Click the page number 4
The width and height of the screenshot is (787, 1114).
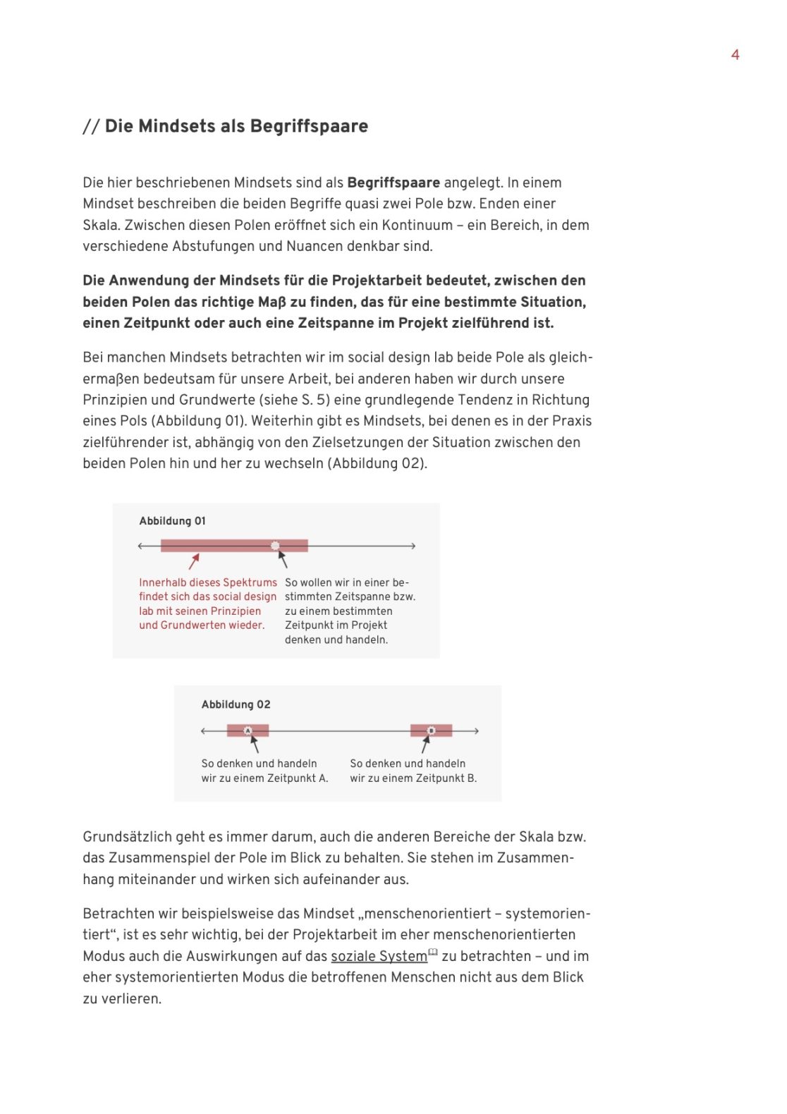735,55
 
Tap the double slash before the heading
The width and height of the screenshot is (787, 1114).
91,127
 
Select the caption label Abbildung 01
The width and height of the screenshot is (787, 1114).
172,521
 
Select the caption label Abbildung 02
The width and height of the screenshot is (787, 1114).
236,704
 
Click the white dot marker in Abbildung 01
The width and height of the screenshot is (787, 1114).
275,546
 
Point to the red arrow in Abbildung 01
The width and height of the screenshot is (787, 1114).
194,561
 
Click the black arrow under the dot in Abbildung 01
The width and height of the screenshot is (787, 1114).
282,559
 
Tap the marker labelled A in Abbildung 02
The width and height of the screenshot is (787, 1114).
248,730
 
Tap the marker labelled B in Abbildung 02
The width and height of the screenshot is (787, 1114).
432,730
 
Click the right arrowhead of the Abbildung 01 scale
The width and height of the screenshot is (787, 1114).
413,546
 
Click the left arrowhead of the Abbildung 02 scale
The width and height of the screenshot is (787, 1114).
204,731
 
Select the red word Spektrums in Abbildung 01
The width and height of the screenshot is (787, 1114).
253,582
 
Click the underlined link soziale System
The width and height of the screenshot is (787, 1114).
379,956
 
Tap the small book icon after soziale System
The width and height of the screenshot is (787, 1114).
433,953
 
